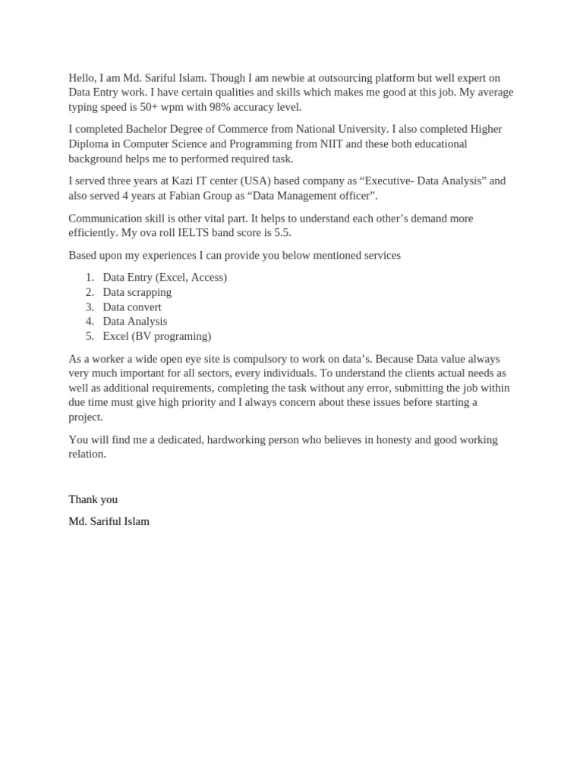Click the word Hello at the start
point(83,78)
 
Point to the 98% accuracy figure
point(233,107)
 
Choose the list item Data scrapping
point(137,292)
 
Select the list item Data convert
point(132,307)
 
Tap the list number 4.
point(90,322)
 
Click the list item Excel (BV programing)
point(157,336)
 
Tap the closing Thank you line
point(93,499)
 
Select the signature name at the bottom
point(109,521)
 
